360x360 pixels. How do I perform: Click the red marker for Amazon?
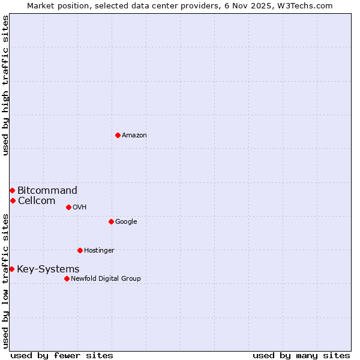[x=118, y=135]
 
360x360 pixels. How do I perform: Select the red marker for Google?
[x=111, y=221]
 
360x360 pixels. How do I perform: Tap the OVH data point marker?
[x=68, y=207]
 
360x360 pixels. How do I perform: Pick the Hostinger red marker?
[x=80, y=250]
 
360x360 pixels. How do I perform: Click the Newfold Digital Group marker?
[x=67, y=278]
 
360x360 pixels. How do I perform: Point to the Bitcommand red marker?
[x=12, y=190]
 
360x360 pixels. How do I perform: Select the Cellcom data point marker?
[x=13, y=200]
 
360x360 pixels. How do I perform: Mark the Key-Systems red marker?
[x=11, y=269]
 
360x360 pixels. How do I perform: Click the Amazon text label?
[x=134, y=136]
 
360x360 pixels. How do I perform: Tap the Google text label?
[x=126, y=222]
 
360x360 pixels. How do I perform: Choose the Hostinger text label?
[x=99, y=251]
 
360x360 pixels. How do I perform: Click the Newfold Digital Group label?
[x=106, y=279]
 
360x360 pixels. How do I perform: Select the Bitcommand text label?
[x=47, y=191]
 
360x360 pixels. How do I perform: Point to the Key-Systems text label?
[x=48, y=269]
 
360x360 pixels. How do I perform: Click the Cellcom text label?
[x=37, y=201]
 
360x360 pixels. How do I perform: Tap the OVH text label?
[x=80, y=208]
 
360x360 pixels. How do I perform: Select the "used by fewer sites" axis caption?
[x=62, y=356]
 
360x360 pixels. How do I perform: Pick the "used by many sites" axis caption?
[x=301, y=356]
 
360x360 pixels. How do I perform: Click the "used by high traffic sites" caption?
[x=5, y=85]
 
